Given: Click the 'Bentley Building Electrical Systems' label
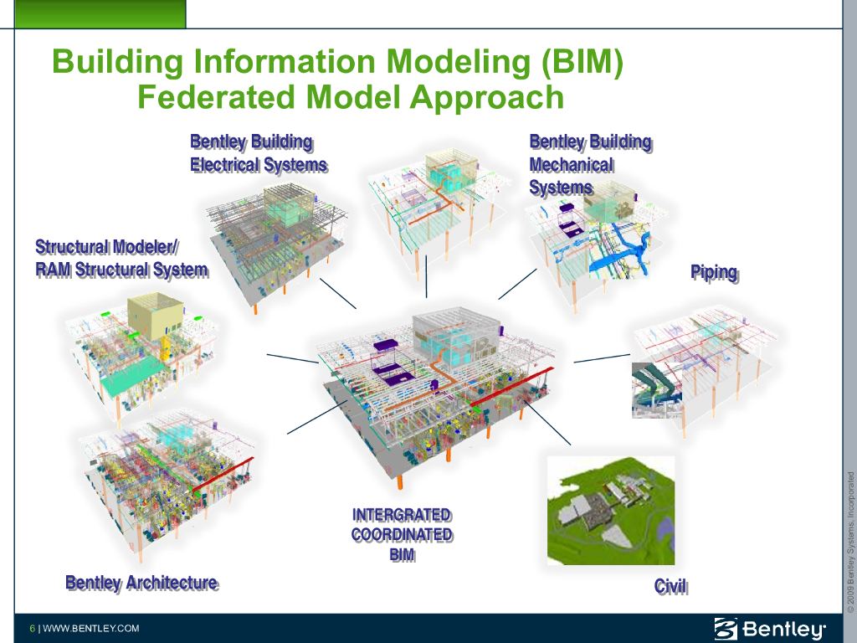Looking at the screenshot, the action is coord(258,153).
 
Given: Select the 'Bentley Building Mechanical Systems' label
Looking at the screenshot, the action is coord(589,165).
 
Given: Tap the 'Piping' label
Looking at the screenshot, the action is coord(714,272).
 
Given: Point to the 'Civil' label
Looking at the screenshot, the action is coord(670,586).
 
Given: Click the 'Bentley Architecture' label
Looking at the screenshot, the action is coord(141,583).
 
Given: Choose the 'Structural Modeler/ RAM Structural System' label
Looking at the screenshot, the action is coord(121,258).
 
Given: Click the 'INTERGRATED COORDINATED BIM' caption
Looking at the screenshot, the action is coord(402,534).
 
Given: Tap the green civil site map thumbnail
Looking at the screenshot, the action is coord(610,510).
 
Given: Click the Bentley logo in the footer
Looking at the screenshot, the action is coord(769,628).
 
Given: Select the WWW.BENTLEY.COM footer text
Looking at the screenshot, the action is coord(91,629).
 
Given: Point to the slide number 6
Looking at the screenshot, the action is coord(32,629).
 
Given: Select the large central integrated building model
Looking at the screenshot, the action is coord(435,394).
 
